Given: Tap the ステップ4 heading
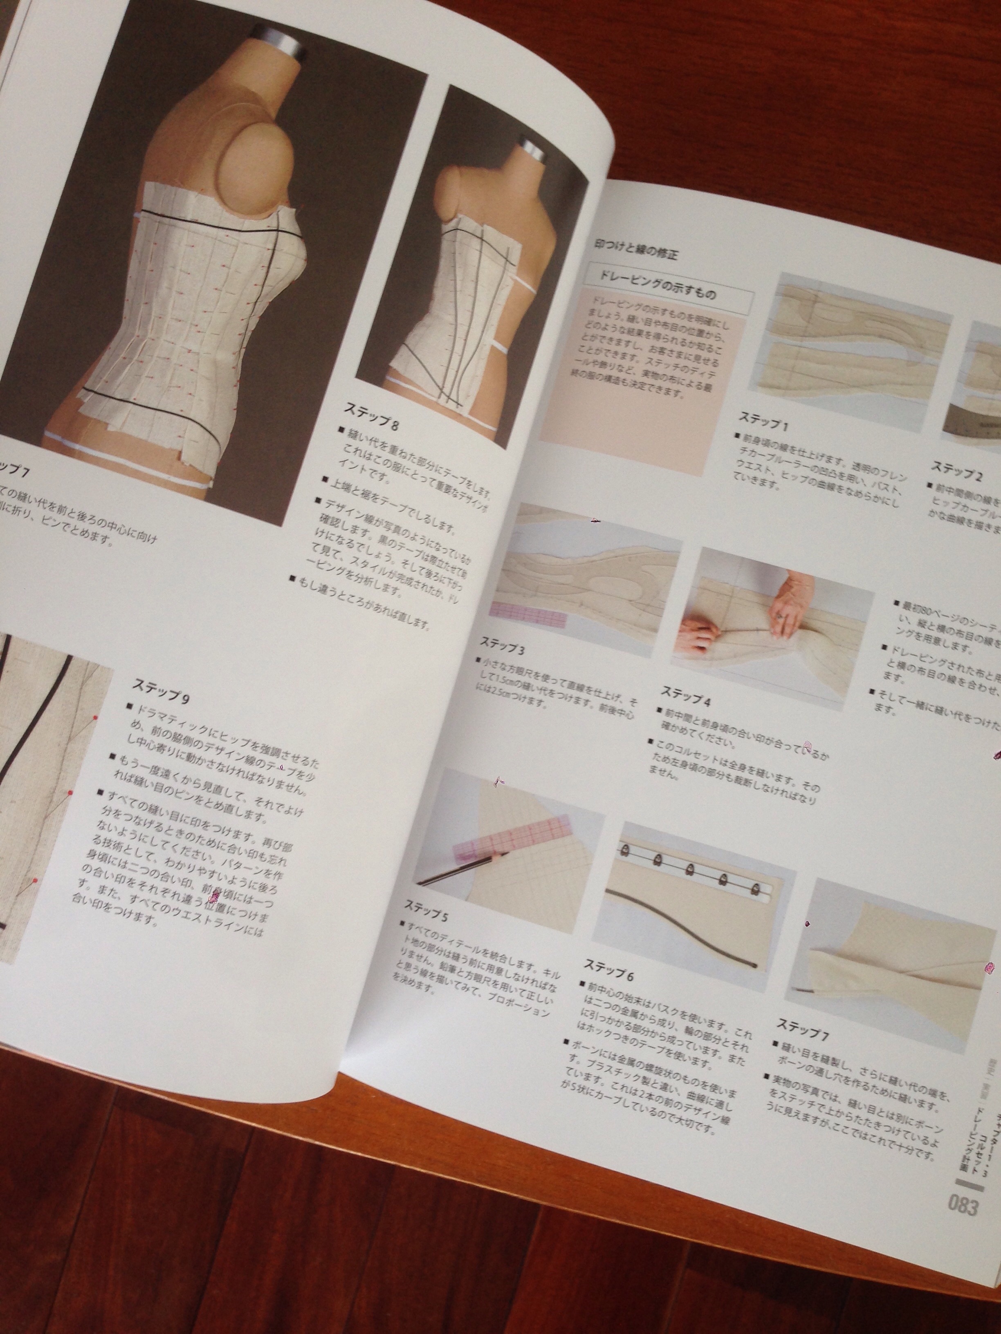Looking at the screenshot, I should [x=686, y=694].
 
